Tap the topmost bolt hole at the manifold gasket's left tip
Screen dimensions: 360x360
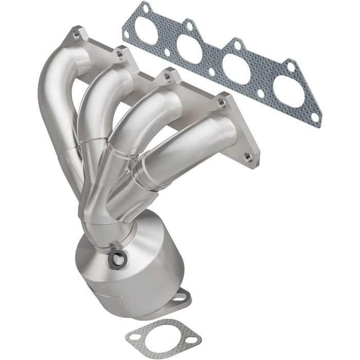(x=146, y=9)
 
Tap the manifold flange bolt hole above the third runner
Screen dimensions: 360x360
(x=166, y=77)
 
